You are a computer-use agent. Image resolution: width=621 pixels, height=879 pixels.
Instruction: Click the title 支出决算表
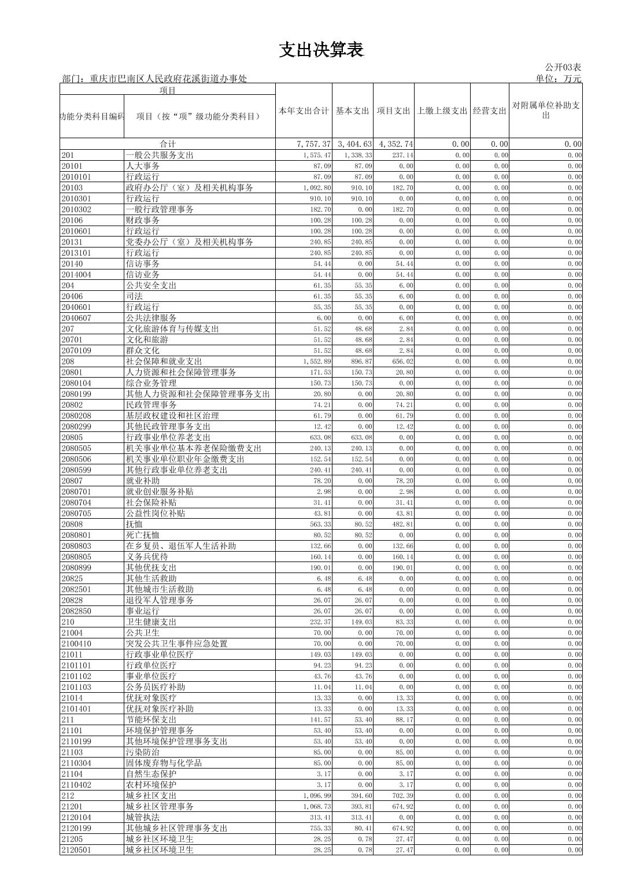click(321, 50)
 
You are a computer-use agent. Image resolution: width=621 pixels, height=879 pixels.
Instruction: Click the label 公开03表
click(563, 68)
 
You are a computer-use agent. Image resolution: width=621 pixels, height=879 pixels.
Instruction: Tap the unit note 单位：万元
click(558, 79)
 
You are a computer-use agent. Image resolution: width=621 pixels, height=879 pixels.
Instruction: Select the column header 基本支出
click(352, 111)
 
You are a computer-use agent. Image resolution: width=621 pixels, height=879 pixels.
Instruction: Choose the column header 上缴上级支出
click(442, 111)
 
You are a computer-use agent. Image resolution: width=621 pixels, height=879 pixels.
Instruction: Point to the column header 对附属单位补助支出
click(545, 110)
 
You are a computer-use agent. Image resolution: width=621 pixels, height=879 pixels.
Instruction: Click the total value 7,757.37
click(312, 144)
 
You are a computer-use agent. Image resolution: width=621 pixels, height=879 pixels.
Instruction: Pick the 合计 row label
click(168, 144)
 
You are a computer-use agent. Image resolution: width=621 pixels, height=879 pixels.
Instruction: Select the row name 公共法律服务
click(151, 318)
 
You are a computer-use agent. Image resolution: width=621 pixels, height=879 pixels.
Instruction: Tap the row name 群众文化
click(143, 350)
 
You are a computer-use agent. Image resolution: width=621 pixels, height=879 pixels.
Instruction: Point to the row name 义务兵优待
click(147, 557)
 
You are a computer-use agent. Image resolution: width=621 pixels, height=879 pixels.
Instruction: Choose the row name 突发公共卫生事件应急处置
click(176, 644)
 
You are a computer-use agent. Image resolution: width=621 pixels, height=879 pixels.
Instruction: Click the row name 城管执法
click(143, 818)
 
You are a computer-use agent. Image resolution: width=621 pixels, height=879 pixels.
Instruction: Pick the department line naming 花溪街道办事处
click(154, 79)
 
